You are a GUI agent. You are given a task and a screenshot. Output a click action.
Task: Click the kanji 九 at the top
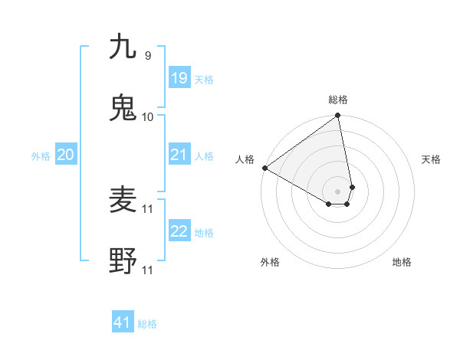tap(123, 47)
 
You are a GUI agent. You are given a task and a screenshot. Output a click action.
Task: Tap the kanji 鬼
tap(123, 107)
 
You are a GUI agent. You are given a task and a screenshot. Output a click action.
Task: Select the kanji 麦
tap(123, 200)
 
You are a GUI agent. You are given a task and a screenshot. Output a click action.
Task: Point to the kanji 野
tap(123, 261)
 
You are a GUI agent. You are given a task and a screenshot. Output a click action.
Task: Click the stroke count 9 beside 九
tap(147, 56)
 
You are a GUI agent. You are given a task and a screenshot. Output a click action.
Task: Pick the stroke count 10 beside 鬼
tap(147, 116)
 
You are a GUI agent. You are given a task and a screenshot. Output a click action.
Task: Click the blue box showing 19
tap(179, 78)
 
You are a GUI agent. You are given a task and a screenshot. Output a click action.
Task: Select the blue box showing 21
tap(179, 155)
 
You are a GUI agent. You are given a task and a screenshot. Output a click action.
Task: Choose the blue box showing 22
tap(179, 231)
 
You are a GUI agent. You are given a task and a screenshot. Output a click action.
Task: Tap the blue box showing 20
tap(66, 155)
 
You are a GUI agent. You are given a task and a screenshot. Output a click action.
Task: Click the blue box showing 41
tap(123, 322)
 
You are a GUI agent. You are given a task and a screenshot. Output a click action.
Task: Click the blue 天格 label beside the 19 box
tap(204, 80)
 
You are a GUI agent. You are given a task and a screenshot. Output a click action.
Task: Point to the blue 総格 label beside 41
tap(147, 324)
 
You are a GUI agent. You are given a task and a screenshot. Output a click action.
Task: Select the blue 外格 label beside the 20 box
tap(41, 156)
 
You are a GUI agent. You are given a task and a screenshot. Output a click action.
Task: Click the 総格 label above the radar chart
tap(338, 100)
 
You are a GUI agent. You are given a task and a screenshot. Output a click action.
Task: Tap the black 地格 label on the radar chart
tap(402, 262)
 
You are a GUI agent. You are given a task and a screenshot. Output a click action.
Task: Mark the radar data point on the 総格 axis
tap(338, 116)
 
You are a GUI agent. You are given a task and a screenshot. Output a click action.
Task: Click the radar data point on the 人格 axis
tap(264, 168)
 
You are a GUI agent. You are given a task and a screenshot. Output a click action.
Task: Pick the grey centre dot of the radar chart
tap(338, 191)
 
